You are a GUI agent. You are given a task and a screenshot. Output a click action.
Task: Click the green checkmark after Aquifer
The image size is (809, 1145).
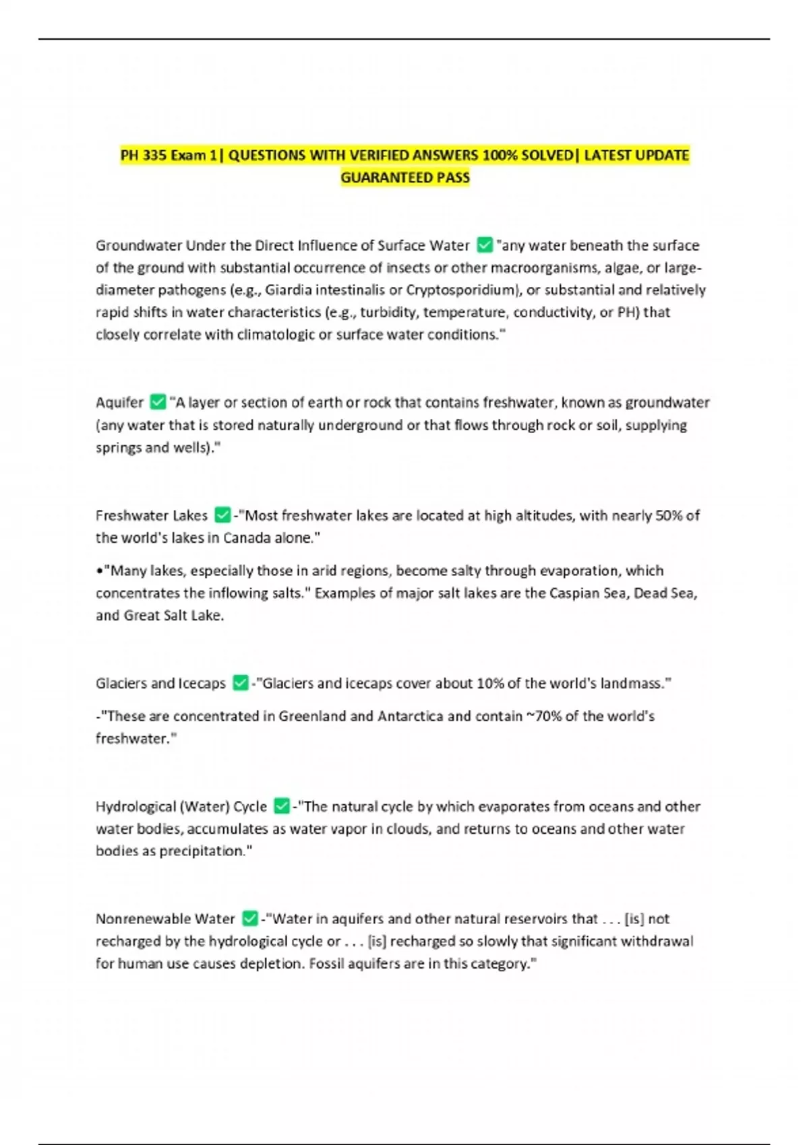(158, 402)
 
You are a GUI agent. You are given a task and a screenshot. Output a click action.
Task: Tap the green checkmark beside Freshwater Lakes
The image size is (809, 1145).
(222, 515)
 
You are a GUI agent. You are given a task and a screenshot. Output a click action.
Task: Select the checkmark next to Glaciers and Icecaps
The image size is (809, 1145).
(240, 683)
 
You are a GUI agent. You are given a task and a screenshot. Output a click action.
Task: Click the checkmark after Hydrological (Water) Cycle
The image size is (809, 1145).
(282, 806)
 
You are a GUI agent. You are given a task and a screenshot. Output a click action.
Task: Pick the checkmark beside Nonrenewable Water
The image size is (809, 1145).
(249, 919)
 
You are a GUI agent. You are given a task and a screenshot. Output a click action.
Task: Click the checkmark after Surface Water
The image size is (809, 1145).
(484, 245)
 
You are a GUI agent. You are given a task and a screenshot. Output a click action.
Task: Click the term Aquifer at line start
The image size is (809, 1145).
(119, 403)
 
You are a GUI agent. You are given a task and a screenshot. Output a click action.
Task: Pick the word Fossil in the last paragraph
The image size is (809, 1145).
(326, 964)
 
